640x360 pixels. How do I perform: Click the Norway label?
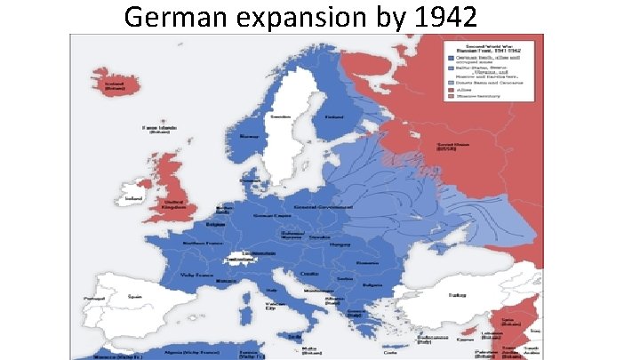pyautogui.click(x=249, y=137)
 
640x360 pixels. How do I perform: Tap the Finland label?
pyautogui.click(x=334, y=116)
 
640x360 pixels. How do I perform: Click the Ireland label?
pyautogui.click(x=134, y=198)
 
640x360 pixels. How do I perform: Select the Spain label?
pyautogui.click(x=134, y=296)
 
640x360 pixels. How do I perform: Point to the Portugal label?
pyautogui.click(x=92, y=298)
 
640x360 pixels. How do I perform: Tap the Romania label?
pyautogui.click(x=365, y=264)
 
